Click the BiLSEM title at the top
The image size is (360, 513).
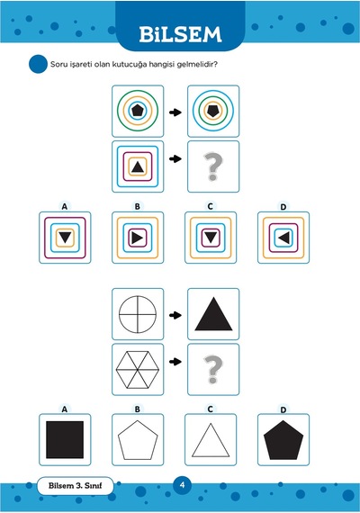click(180, 34)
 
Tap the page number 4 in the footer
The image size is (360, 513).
click(183, 484)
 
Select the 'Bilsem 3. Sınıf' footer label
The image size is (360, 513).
click(76, 485)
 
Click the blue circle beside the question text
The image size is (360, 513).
click(38, 64)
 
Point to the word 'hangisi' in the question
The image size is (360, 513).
click(162, 64)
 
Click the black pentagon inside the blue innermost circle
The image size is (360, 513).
click(138, 111)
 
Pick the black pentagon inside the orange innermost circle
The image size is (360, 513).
click(213, 111)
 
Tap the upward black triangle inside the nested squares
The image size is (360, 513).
click(138, 167)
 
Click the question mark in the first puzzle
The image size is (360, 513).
click(212, 166)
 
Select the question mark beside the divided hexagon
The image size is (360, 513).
click(212, 369)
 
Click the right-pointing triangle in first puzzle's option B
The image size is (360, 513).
click(138, 238)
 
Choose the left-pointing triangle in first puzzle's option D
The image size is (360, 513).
click(283, 238)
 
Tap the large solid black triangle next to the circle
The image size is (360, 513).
click(213, 314)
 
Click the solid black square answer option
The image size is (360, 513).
click(65, 440)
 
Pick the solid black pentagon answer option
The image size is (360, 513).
click(283, 440)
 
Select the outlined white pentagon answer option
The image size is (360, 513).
click(138, 440)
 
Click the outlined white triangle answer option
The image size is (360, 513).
click(211, 440)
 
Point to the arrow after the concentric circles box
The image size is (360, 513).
click(175, 112)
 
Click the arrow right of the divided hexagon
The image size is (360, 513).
click(175, 362)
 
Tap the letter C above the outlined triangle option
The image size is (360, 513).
click(210, 409)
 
